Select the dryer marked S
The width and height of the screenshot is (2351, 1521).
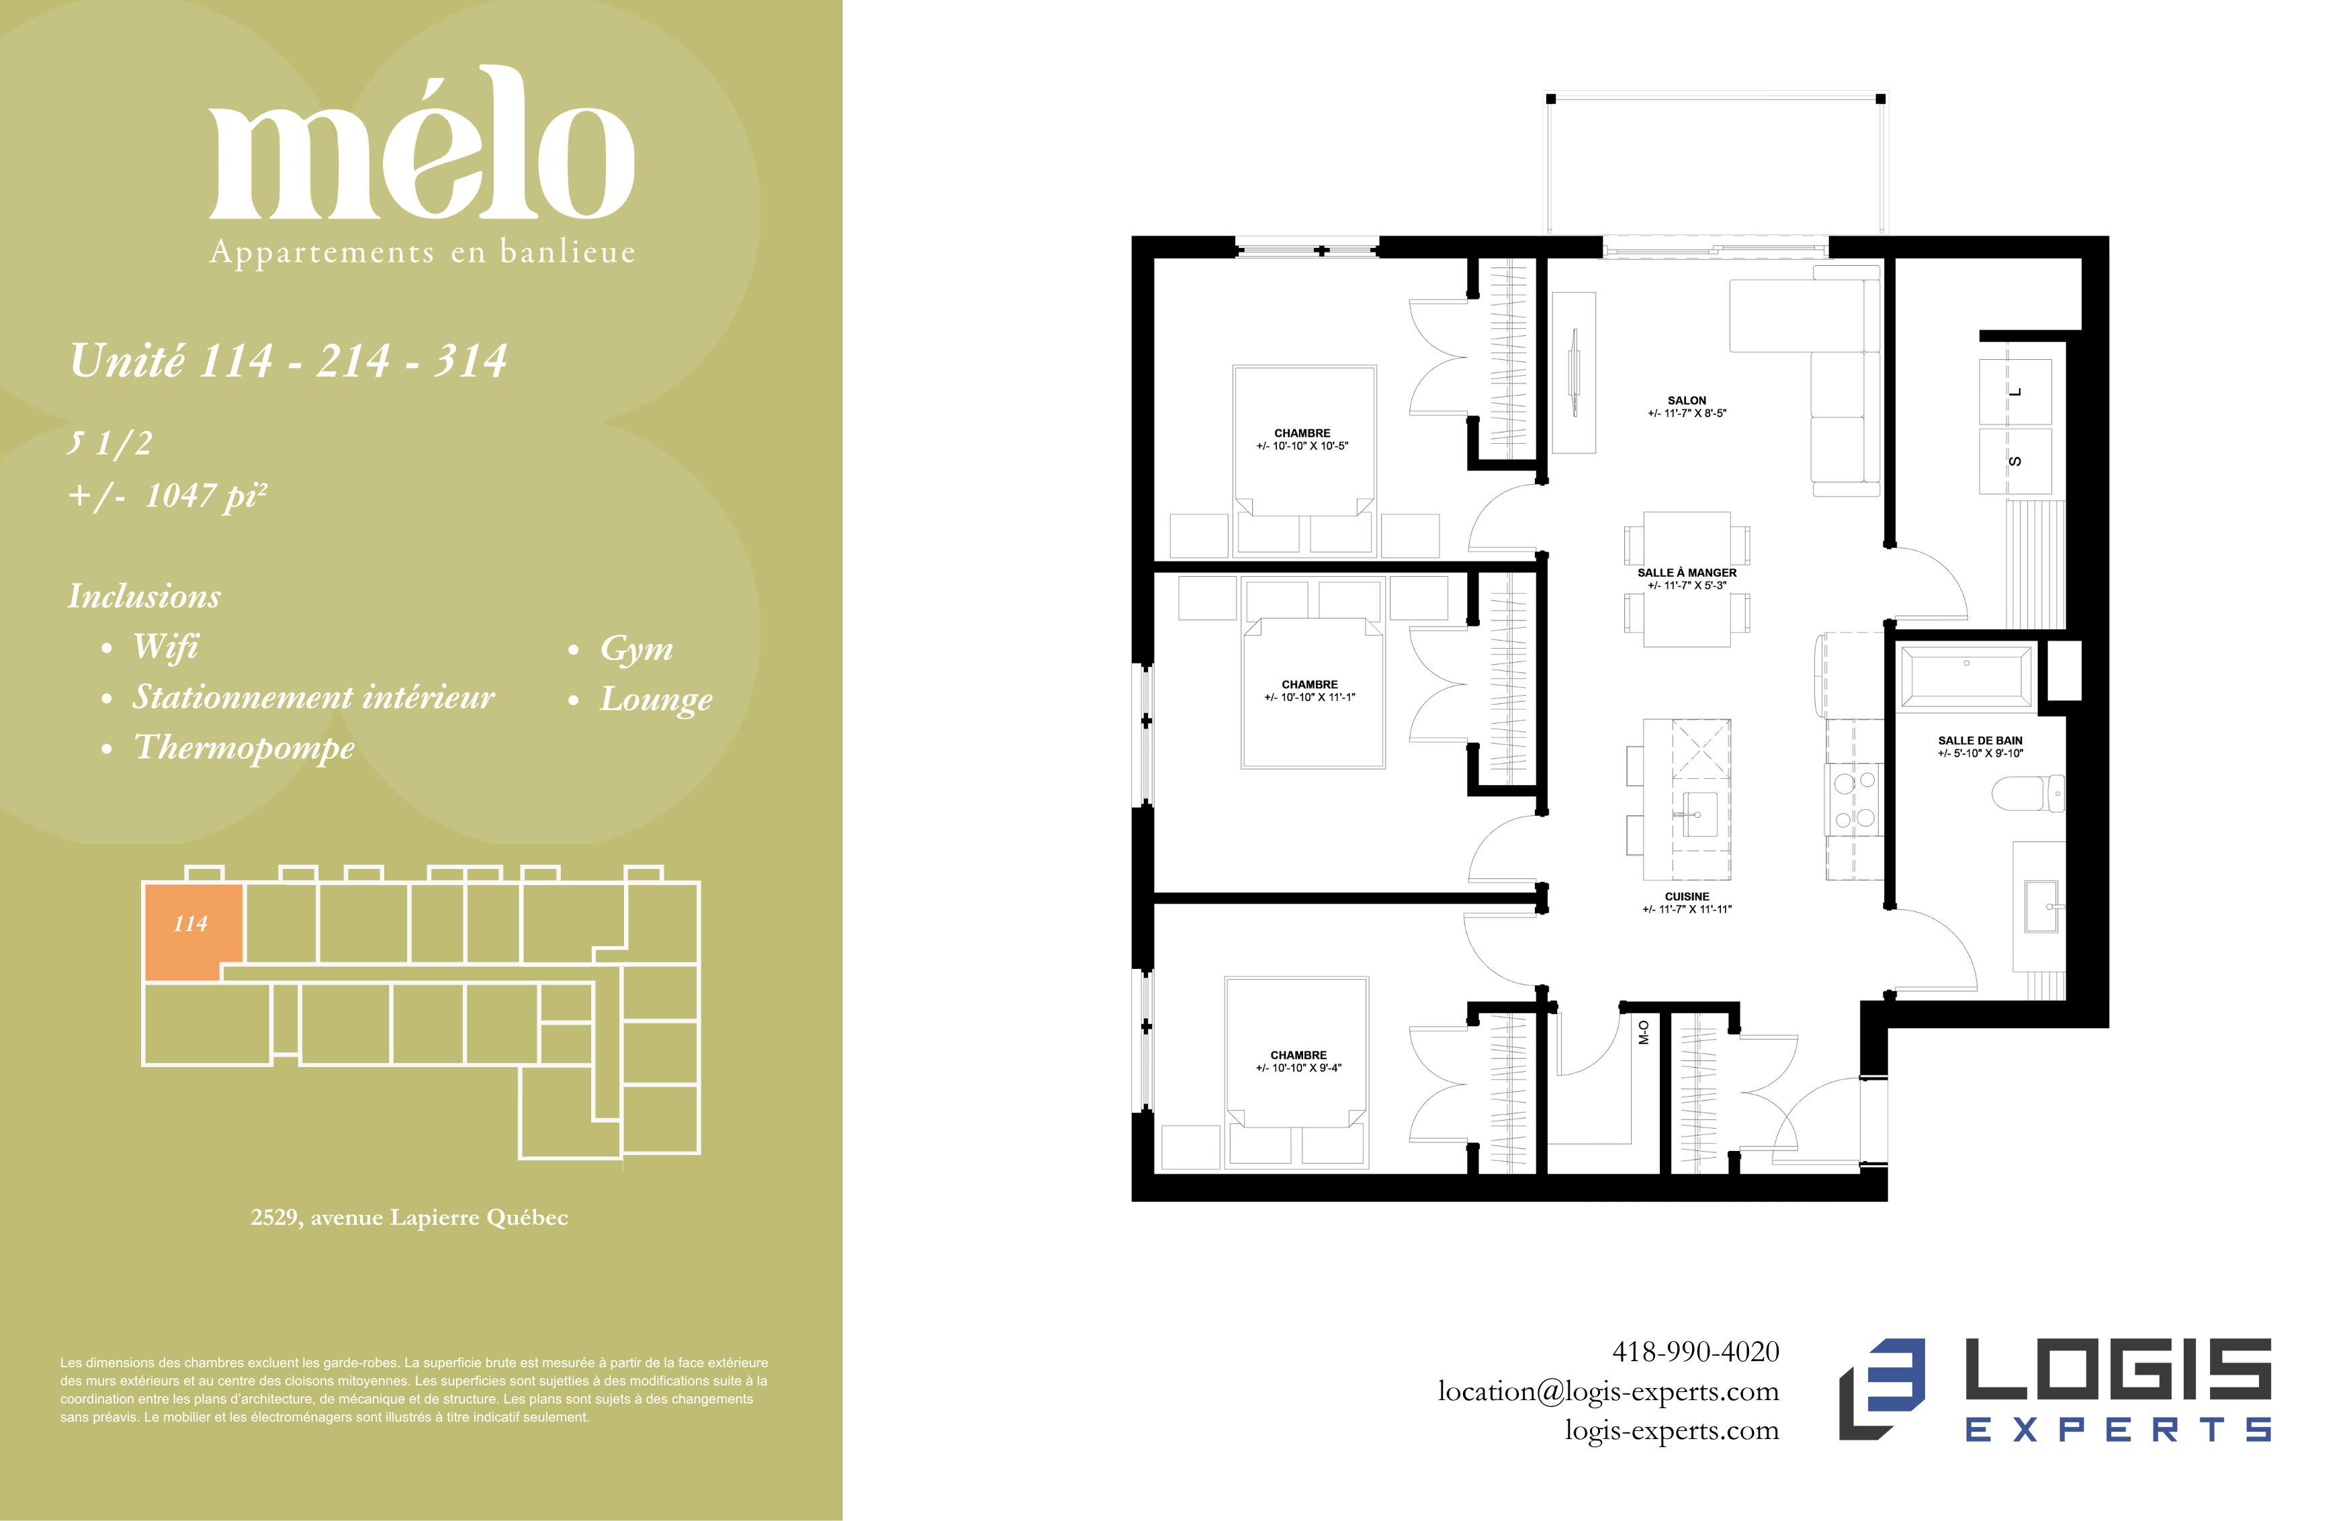click(2015, 461)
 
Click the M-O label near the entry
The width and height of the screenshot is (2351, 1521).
click(1644, 1032)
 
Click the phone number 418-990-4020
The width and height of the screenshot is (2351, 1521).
click(1695, 1351)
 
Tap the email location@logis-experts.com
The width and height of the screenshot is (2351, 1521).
click(1608, 1391)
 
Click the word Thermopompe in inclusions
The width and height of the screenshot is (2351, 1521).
click(244, 747)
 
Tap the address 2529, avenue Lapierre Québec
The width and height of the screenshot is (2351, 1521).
click(409, 1217)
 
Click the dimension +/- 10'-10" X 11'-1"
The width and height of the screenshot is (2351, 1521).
click(1309, 697)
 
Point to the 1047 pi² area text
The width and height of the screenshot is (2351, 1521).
click(206, 495)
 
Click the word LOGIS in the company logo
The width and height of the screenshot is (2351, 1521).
click(2119, 1370)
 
